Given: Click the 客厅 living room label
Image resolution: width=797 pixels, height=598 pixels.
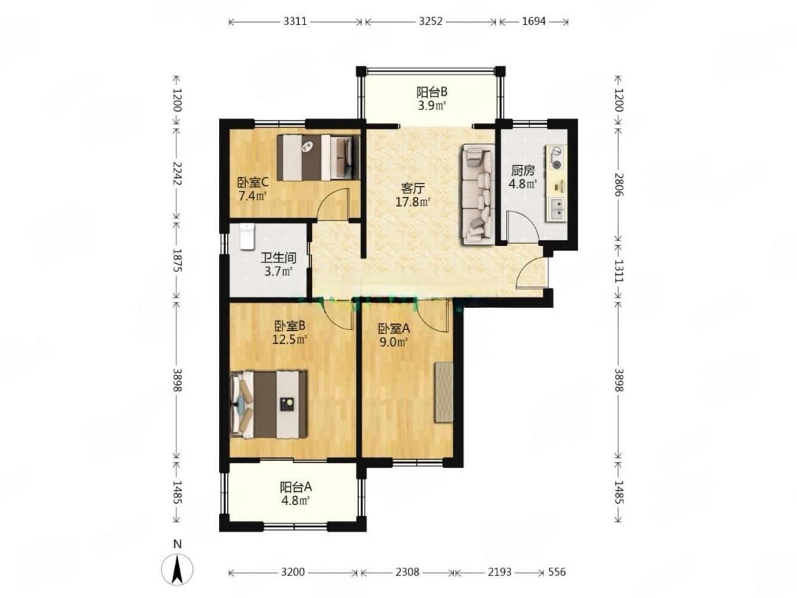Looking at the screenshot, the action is pyautogui.click(x=413, y=188).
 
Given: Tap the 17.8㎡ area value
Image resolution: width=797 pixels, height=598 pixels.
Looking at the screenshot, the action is pyautogui.click(x=413, y=202).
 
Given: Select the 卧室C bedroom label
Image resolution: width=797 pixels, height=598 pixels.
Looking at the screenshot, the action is pyautogui.click(x=252, y=182).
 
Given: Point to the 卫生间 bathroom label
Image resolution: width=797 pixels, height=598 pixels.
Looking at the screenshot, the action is pyautogui.click(x=278, y=258).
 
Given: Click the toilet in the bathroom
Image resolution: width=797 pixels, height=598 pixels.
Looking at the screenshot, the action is pyautogui.click(x=247, y=236).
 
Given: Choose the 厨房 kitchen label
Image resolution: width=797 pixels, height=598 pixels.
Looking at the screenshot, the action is pyautogui.click(x=523, y=170).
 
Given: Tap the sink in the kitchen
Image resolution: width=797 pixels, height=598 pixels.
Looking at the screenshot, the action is pyautogui.click(x=555, y=209).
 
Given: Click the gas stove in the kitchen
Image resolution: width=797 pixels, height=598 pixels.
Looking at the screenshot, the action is pyautogui.click(x=556, y=158).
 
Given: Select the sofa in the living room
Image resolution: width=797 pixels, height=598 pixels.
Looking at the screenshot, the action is pyautogui.click(x=478, y=194).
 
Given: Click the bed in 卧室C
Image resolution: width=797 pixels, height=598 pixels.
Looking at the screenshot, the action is pyautogui.click(x=318, y=158).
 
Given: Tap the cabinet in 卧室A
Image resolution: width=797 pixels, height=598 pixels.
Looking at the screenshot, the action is pyautogui.click(x=444, y=392).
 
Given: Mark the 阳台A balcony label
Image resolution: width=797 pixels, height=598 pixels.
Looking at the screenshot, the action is pyautogui.click(x=295, y=487).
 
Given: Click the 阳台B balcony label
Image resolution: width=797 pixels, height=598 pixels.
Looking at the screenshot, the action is pyautogui.click(x=431, y=92).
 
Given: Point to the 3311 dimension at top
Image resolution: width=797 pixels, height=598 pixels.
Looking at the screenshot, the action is pyautogui.click(x=295, y=22).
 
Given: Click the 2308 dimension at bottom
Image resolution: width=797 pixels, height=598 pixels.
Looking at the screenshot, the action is pyautogui.click(x=407, y=572).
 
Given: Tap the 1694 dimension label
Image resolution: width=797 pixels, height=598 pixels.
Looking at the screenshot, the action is pyautogui.click(x=533, y=22).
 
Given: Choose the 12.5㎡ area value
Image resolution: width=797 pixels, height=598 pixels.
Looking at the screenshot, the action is pyautogui.click(x=290, y=340).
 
